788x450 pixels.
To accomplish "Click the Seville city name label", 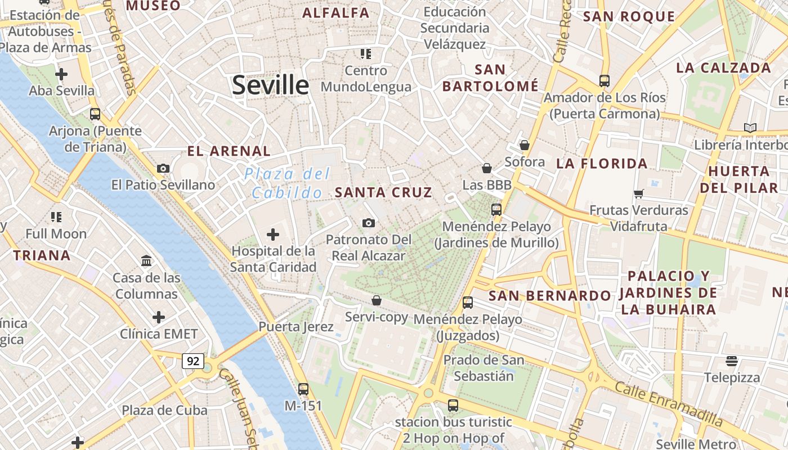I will (271, 85).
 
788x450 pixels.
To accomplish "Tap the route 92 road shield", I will (192, 361).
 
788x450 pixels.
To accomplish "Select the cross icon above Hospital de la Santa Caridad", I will (273, 234).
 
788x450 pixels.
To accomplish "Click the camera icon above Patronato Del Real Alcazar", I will (369, 223).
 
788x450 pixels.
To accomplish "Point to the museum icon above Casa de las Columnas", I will (147, 260).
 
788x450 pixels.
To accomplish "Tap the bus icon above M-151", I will (303, 389).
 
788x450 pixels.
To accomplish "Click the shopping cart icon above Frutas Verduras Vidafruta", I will (638, 194).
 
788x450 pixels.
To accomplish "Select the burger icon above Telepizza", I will (732, 361).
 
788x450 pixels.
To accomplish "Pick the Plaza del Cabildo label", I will (287, 183).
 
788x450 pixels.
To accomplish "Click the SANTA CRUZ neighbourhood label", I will (383, 192).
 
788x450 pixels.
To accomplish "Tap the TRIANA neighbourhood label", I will (42, 255).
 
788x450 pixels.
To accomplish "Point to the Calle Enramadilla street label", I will (668, 403).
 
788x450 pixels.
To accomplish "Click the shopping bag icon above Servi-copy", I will (376, 300).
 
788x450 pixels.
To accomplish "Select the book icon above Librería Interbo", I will (750, 128).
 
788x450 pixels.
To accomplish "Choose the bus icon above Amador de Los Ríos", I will (605, 81).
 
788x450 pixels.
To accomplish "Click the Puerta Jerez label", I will (296, 327).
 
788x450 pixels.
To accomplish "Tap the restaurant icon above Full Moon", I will (56, 217).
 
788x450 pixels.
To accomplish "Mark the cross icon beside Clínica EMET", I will (159, 317).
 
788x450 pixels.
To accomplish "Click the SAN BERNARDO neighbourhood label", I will (549, 296).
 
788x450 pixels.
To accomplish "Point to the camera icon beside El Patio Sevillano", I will (163, 168).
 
